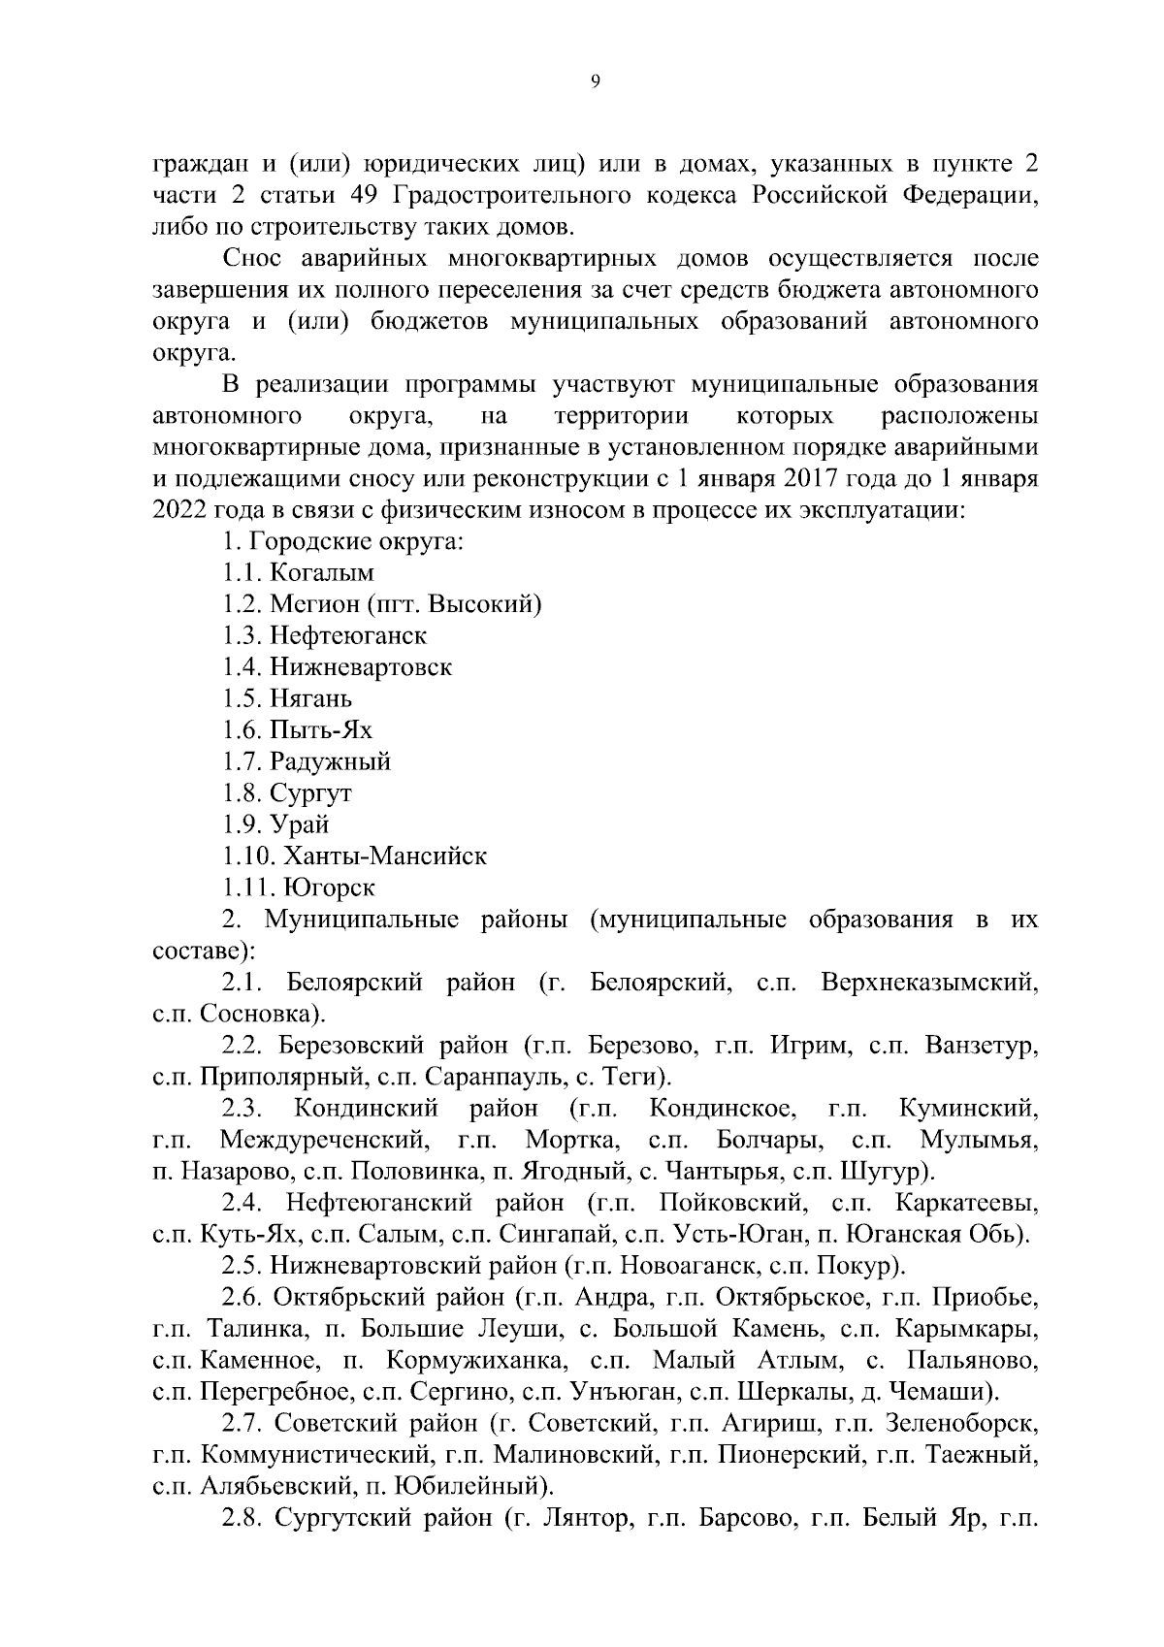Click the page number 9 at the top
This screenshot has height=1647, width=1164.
pyautogui.click(x=595, y=83)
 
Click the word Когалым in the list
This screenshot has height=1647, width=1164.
pyautogui.click(x=322, y=573)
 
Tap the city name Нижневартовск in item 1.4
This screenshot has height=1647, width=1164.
pyautogui.click(x=361, y=667)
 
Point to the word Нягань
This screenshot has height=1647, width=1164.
pyautogui.click(x=310, y=699)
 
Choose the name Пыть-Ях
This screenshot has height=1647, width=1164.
pyautogui.click(x=321, y=730)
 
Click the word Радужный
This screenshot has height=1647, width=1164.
pyautogui.click(x=330, y=762)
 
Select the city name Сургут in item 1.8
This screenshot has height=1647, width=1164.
pyautogui.click(x=310, y=793)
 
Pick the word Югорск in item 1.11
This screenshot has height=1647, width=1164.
pyautogui.click(x=329, y=888)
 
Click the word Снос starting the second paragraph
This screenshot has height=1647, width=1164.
pyautogui.click(x=252, y=259)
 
